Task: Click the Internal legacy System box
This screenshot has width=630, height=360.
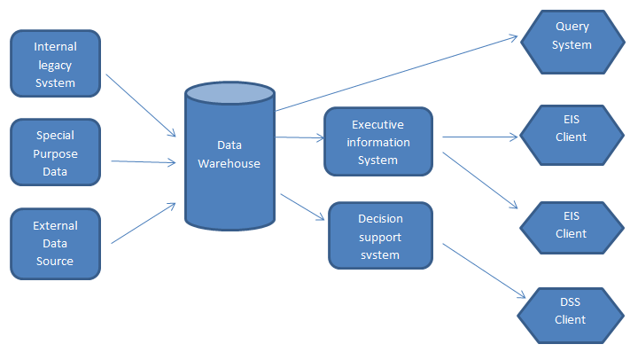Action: point(55,64)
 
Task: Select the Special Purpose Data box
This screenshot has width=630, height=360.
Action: point(55,153)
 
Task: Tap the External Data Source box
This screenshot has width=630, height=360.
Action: point(55,243)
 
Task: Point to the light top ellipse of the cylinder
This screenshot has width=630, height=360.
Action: point(229,93)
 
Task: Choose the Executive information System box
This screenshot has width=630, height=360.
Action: point(378,142)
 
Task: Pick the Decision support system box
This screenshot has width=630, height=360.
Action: point(380,235)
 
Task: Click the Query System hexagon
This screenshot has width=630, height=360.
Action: point(572,37)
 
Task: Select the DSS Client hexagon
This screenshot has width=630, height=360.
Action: point(572,311)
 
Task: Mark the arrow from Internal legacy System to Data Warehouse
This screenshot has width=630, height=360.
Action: point(141,106)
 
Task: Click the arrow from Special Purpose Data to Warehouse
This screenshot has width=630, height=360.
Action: point(144,161)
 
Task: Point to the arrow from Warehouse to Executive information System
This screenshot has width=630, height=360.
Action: point(299,137)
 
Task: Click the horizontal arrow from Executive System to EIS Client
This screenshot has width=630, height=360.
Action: point(479,137)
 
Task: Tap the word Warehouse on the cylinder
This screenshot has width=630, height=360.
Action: point(229,163)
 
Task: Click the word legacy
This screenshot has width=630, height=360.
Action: point(55,65)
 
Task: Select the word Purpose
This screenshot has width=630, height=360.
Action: point(55,153)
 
